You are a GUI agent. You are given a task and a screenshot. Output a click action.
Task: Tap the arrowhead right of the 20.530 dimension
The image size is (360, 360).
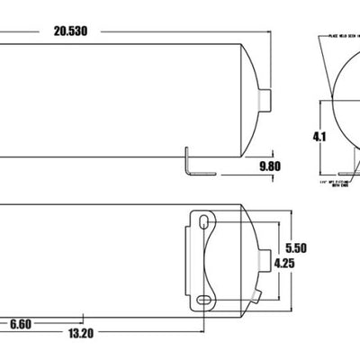[x=266, y=31]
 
